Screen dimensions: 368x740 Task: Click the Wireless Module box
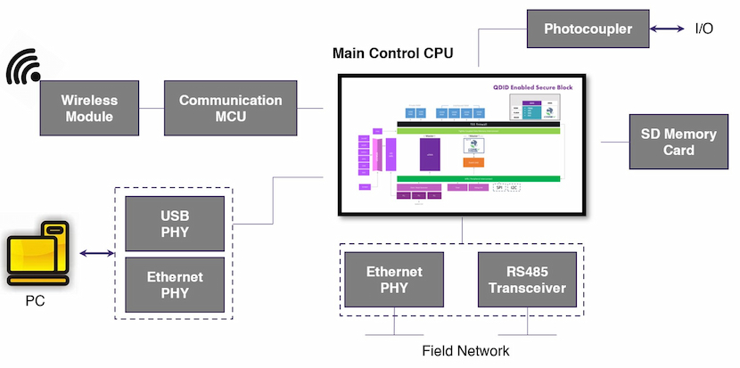point(88,108)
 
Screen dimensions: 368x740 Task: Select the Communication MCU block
point(230,108)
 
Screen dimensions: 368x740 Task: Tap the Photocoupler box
point(588,29)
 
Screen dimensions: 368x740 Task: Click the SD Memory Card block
point(678,142)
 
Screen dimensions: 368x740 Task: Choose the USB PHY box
point(175,225)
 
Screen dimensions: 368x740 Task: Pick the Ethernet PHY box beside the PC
point(175,284)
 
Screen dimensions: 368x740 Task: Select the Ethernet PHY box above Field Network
point(394,280)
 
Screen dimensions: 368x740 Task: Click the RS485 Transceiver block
point(527,280)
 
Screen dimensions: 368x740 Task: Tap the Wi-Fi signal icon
point(25,69)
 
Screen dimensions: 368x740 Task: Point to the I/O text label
point(704,29)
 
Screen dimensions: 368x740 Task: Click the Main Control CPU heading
point(392,53)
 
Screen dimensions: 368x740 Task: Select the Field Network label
point(465,350)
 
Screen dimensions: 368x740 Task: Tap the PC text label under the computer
point(35,300)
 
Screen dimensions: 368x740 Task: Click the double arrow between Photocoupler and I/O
point(667,29)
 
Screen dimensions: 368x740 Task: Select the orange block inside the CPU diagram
point(473,162)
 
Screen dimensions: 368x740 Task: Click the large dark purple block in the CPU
point(431,153)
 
